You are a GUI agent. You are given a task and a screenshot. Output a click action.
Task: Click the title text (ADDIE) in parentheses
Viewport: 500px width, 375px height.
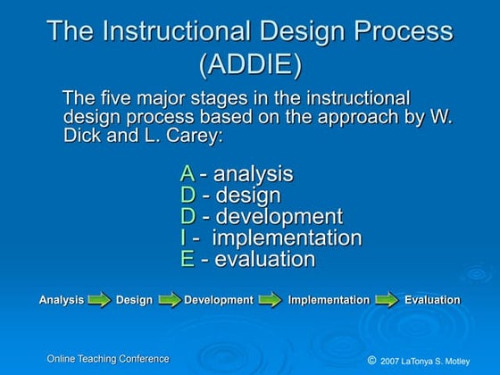tap(250, 66)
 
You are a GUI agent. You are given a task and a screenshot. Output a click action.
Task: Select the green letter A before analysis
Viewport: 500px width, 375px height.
tap(187, 174)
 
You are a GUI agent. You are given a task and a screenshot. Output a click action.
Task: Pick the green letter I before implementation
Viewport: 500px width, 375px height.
tap(184, 238)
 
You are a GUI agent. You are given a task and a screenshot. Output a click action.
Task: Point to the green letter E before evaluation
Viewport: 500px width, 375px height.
tap(187, 260)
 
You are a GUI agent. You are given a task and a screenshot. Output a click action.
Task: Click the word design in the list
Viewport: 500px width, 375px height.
tap(249, 196)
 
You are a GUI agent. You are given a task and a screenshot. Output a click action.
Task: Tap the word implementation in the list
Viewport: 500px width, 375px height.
tap(287, 238)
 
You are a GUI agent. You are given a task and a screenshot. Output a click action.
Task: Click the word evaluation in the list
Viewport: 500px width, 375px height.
tap(264, 260)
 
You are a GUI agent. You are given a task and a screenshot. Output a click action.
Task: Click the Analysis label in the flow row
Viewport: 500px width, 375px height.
tap(62, 300)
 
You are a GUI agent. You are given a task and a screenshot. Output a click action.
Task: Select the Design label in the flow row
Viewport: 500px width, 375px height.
tap(134, 300)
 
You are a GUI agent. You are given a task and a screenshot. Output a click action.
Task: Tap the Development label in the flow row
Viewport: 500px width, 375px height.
tap(219, 300)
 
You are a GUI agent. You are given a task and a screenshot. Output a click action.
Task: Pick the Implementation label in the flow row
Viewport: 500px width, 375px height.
tap(329, 300)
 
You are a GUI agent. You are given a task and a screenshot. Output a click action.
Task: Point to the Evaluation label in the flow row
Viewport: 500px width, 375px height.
tap(432, 300)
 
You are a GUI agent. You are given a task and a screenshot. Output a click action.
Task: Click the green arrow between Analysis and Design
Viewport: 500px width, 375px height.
tap(100, 300)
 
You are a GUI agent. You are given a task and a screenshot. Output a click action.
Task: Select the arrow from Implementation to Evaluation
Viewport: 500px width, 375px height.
tap(387, 300)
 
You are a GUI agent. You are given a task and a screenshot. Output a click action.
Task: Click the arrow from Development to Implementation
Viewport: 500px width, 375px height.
tap(271, 300)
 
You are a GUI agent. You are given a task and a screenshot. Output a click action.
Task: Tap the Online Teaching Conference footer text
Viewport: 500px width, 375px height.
tap(108, 358)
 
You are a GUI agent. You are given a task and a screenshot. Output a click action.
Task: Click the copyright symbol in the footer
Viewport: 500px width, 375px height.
tap(371, 360)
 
